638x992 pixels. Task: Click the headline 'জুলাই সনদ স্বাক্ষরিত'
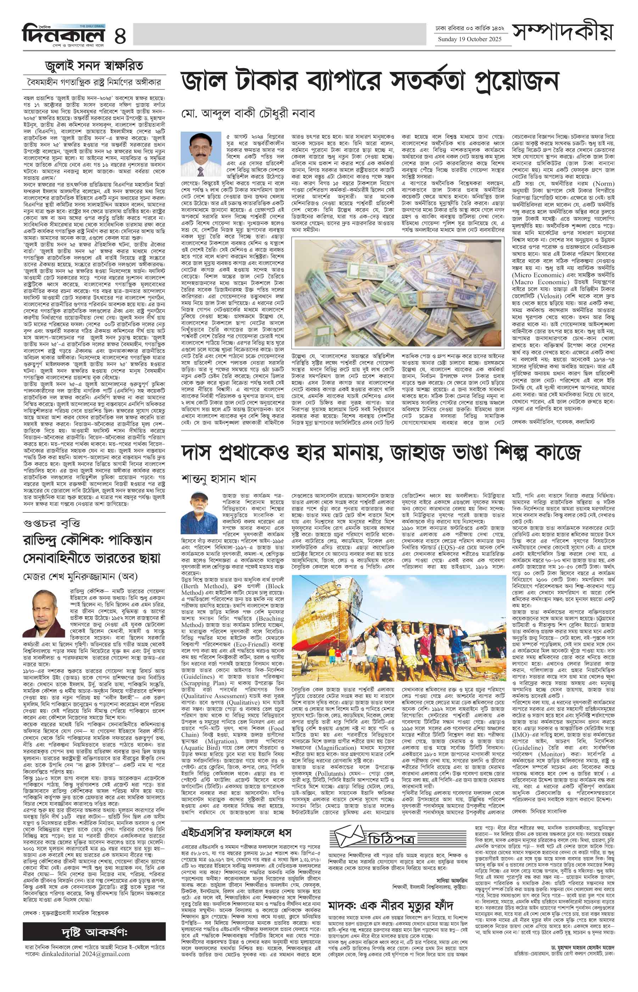coord(94,66)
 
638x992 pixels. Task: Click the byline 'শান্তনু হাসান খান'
coord(218,478)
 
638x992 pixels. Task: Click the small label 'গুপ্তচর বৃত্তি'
coord(51,523)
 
